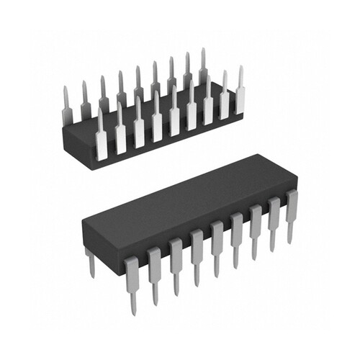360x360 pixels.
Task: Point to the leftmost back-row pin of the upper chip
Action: pyautogui.click(x=66, y=101)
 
